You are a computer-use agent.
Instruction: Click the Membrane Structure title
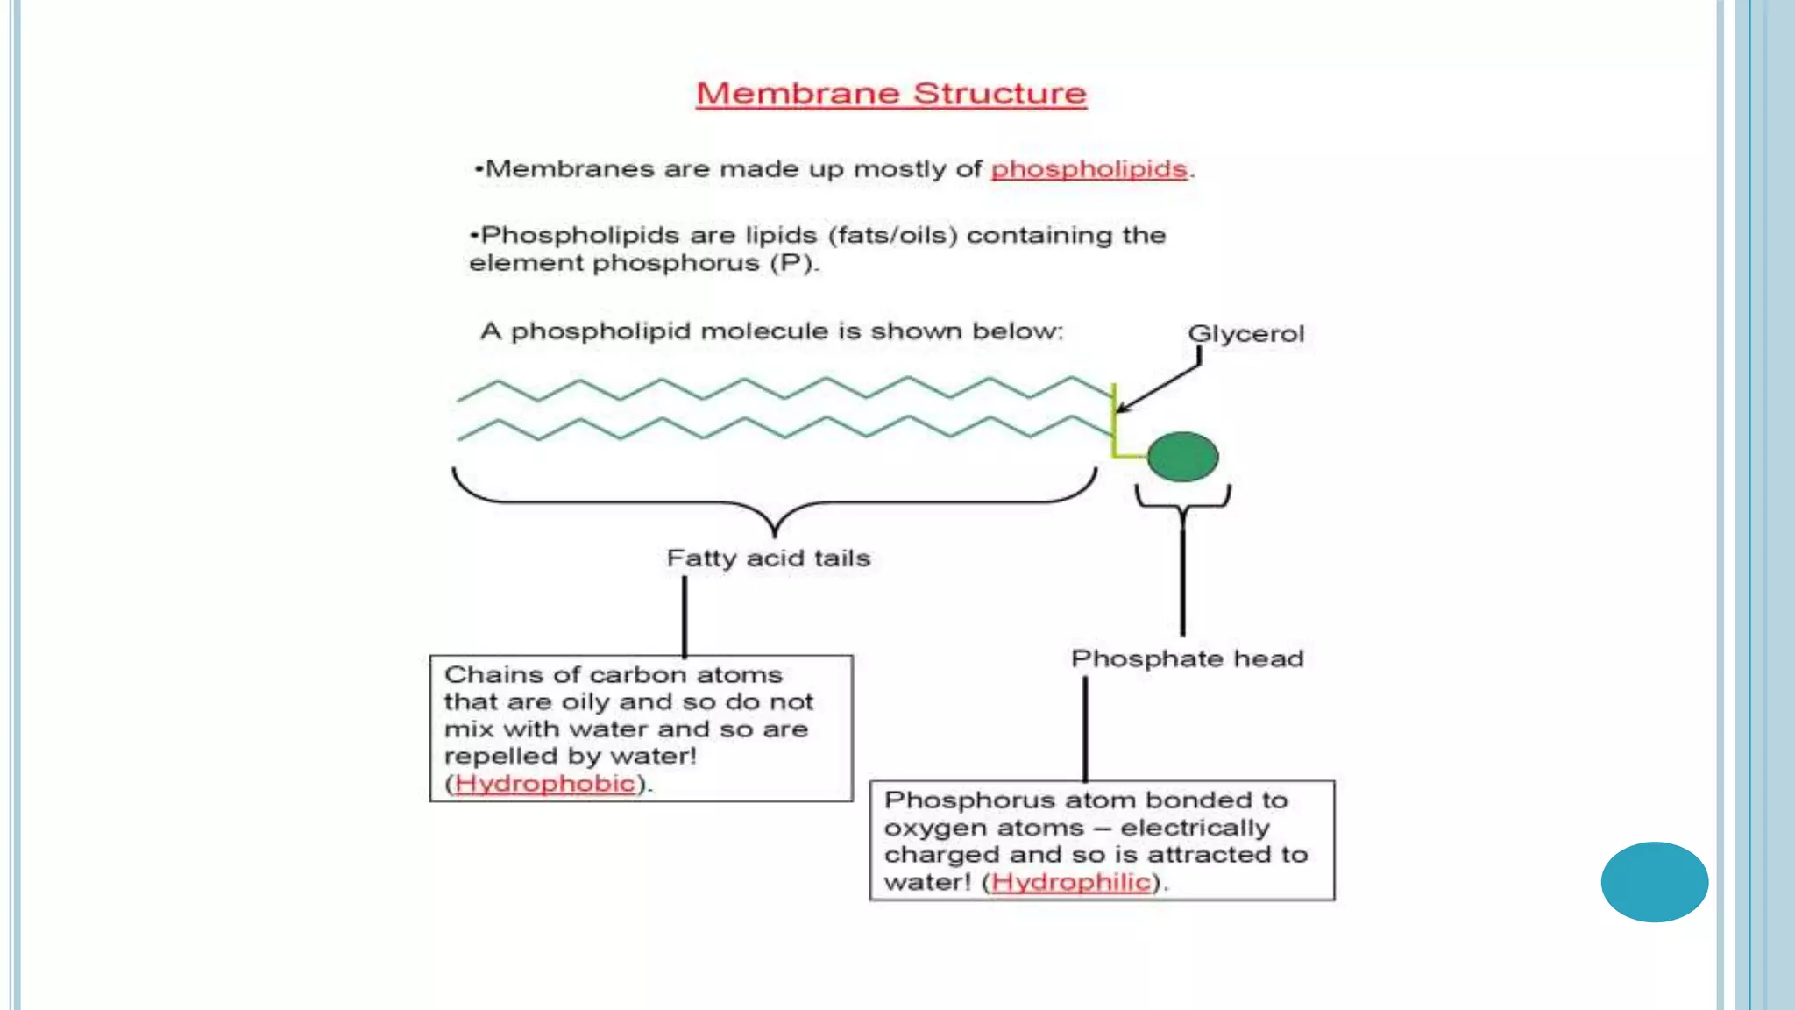pyautogui.click(x=890, y=93)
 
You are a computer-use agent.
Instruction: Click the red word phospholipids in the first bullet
pyautogui.click(x=1089, y=168)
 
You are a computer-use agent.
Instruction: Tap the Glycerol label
pyautogui.click(x=1245, y=334)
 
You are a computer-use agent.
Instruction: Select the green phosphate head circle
pyautogui.click(x=1182, y=457)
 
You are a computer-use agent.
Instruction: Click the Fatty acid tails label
pyautogui.click(x=768, y=558)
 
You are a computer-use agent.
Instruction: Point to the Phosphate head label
pyautogui.click(x=1187, y=658)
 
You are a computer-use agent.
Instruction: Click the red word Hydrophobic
pyautogui.click(x=544, y=783)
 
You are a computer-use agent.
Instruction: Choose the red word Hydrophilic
pyautogui.click(x=1070, y=881)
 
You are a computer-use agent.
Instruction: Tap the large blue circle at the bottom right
pyautogui.click(x=1654, y=882)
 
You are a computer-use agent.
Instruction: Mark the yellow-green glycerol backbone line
pyautogui.click(x=1114, y=421)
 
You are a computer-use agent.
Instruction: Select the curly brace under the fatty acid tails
pyautogui.click(x=774, y=503)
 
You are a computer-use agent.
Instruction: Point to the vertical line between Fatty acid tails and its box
pyautogui.click(x=685, y=615)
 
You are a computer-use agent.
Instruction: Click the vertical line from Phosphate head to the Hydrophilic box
pyautogui.click(x=1085, y=728)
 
